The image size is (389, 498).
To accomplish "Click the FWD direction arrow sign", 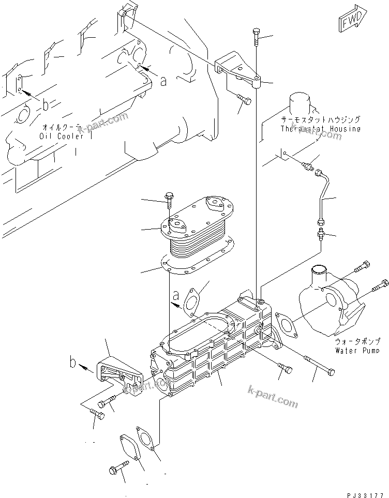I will pyautogui.click(x=353, y=20).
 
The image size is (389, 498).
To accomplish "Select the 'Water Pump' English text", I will pyautogui.click(x=357, y=351).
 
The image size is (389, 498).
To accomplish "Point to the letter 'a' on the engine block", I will pyautogui.click(x=163, y=81).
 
